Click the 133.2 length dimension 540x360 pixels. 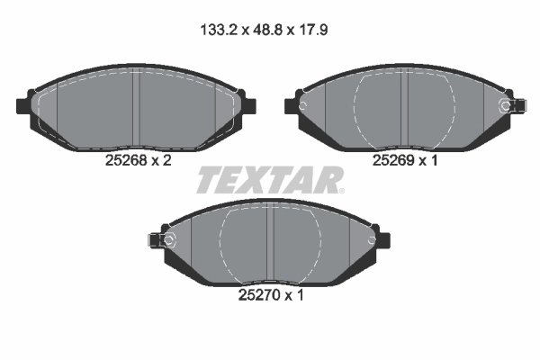[x=219, y=31]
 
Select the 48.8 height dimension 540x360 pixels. [x=267, y=31]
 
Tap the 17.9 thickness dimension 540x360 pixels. [x=312, y=31]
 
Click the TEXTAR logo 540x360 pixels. [x=269, y=180]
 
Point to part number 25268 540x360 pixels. [x=126, y=160]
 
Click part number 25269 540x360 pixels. [x=393, y=160]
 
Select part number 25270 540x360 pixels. [x=259, y=295]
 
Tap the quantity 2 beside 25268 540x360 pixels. [x=166, y=160]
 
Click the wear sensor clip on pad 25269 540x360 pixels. [x=513, y=105]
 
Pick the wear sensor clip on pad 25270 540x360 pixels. [x=161, y=240]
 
